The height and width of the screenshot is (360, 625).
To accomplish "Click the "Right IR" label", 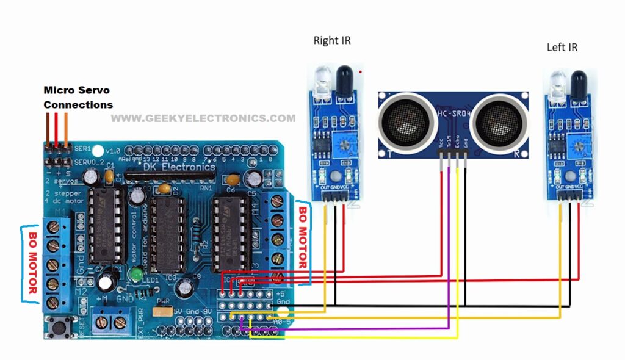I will coord(332,41).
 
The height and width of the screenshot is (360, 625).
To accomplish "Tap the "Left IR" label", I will coord(562,47).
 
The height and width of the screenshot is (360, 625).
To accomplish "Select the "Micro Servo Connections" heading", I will coord(78,98).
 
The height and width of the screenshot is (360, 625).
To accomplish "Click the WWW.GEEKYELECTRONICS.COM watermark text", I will coord(203,119).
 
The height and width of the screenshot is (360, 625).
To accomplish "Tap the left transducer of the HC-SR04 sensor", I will coord(408,120).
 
